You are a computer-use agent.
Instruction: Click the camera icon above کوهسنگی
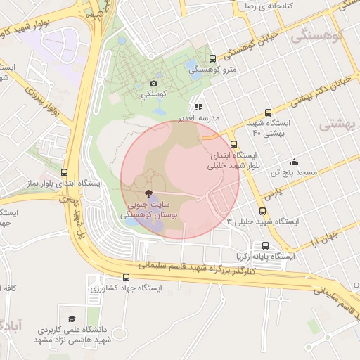pos(154,83)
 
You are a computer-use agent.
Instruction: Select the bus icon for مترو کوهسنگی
pos(213,59)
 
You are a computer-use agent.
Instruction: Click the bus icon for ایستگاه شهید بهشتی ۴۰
pos(267,112)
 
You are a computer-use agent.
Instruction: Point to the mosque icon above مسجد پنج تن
pos(293,160)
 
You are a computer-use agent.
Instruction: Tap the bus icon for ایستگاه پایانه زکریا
pos(265,245)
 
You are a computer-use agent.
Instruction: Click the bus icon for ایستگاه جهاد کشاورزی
pos(127,278)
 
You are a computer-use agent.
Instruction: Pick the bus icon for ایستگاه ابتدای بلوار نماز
pos(65,172)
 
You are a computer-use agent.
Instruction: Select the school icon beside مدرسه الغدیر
pos(198,108)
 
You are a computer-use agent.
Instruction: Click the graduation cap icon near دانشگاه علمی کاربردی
pos(71,319)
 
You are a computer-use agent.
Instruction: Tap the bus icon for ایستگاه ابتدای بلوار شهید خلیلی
pos(233,145)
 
